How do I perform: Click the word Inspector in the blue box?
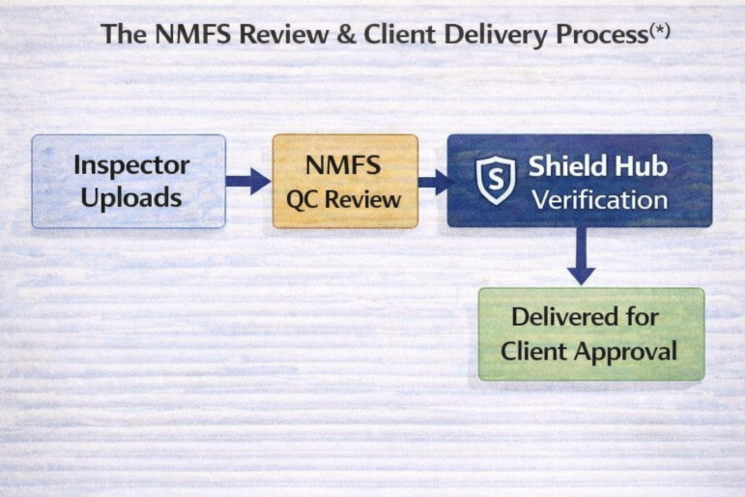(131, 166)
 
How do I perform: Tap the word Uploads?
(131, 198)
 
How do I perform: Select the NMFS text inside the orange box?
(343, 165)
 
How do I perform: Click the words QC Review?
(344, 199)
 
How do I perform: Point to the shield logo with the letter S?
(496, 180)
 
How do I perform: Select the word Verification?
(600, 200)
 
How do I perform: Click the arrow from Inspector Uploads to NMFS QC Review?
(248, 181)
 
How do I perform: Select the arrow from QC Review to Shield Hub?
(436, 182)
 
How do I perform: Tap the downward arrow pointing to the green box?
(581, 256)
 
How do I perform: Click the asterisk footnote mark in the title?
(659, 29)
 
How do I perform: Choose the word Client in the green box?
(533, 351)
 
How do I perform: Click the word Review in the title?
(283, 34)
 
